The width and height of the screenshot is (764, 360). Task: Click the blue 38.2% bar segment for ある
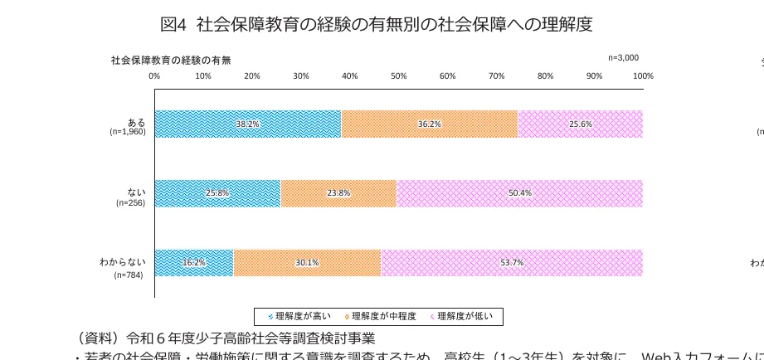coord(247,124)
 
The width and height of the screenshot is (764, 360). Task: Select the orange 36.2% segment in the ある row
coord(429,124)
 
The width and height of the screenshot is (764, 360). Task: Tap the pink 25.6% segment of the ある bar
coord(580,124)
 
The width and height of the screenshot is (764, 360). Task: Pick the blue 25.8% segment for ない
coord(217,193)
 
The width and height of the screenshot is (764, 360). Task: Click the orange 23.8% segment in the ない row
coord(338,193)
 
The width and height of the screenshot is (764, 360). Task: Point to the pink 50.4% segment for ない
coord(519,193)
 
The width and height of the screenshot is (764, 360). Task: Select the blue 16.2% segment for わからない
coord(194,263)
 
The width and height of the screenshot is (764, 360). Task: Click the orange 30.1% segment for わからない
coord(307,263)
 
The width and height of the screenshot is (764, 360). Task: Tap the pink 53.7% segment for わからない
coord(512,263)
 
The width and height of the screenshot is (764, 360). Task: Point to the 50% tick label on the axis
coord(398,76)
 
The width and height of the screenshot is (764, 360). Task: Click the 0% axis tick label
coord(154,76)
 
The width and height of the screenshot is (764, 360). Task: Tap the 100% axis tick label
coord(643,76)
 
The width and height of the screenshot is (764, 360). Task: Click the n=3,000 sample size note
coord(623,58)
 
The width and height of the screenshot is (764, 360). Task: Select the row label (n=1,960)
coord(128,132)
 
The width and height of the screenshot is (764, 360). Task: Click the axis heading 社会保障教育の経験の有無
coord(171,60)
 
